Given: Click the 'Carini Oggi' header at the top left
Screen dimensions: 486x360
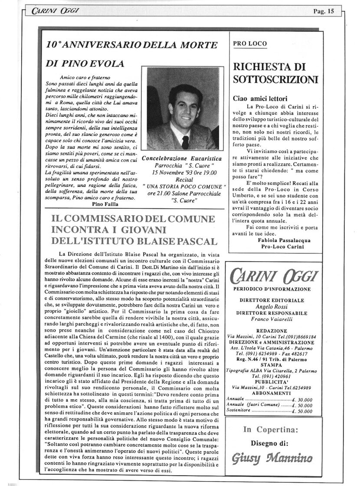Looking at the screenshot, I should point(46,12).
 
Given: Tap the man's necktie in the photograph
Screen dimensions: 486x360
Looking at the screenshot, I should point(185,142).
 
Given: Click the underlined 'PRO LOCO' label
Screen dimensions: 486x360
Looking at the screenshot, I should point(250,43).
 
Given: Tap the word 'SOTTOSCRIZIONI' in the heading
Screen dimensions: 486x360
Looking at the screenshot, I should point(275,79).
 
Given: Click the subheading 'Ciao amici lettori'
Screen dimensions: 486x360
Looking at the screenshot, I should point(260,99).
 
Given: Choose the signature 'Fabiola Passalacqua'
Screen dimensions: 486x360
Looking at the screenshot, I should point(278,240).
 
